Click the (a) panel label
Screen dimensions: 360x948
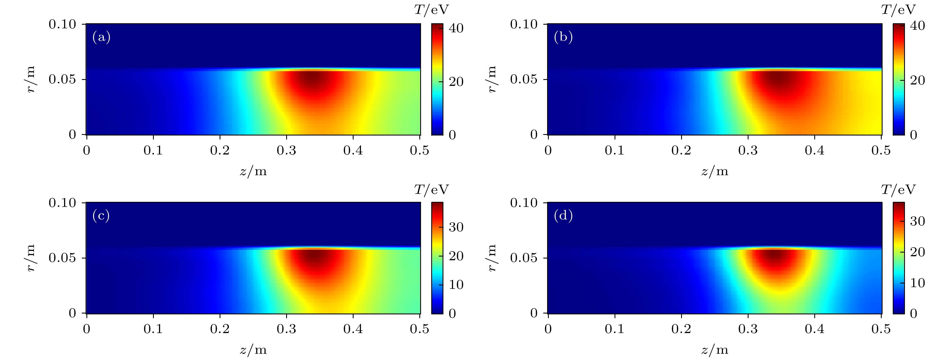click(x=101, y=37)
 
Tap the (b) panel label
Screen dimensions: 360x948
click(x=563, y=37)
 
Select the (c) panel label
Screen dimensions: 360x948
click(x=101, y=216)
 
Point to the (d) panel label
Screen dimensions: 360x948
click(x=563, y=216)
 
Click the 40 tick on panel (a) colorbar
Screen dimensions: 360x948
click(x=456, y=28)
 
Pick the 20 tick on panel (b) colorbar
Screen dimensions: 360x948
click(x=917, y=80)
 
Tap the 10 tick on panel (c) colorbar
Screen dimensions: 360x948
click(x=456, y=285)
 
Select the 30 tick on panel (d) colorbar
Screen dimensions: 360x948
click(x=917, y=221)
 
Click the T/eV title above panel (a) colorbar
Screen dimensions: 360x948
click(x=431, y=10)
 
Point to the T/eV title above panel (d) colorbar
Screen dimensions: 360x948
click(x=898, y=190)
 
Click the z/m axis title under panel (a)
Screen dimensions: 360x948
click(x=253, y=171)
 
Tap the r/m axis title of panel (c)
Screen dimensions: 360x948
click(x=31, y=258)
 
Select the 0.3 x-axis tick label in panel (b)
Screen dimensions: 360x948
click(x=748, y=150)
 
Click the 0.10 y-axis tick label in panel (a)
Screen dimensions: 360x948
click(x=62, y=24)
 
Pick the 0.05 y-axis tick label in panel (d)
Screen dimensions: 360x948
click(x=524, y=258)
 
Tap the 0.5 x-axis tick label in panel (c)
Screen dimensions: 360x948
click(x=420, y=329)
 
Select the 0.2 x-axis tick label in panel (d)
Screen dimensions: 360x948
click(x=681, y=329)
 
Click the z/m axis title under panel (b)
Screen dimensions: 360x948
click(x=715, y=171)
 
